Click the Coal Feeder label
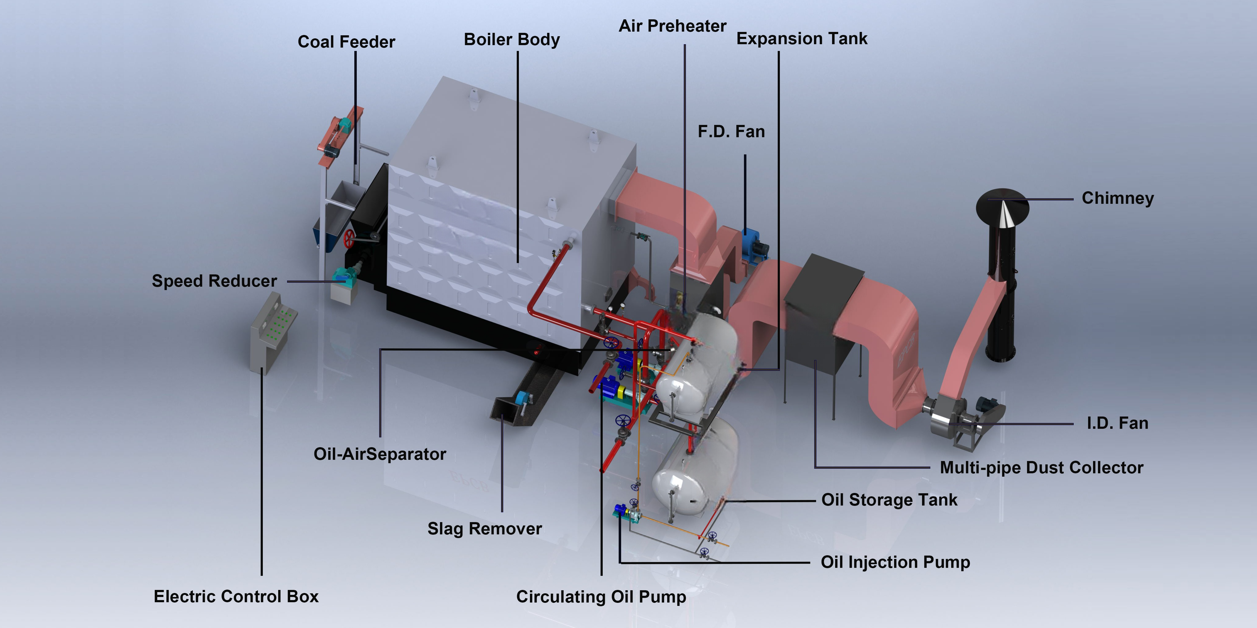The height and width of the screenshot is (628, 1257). click(x=346, y=42)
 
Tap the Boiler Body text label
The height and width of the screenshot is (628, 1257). click(x=512, y=40)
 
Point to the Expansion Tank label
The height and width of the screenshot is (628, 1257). click(x=801, y=39)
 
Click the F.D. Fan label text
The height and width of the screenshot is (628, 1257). click(x=731, y=131)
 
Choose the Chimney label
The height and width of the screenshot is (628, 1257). click(x=1117, y=198)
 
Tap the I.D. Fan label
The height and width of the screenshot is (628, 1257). click(x=1117, y=423)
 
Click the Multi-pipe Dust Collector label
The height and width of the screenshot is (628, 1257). click(x=1041, y=467)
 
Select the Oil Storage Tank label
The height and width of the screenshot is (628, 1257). click(x=889, y=500)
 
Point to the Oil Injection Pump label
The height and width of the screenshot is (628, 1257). click(x=895, y=562)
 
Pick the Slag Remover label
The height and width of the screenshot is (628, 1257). click(x=485, y=529)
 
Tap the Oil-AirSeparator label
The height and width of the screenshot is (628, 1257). click(x=379, y=454)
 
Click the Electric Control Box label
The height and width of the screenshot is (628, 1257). click(x=236, y=596)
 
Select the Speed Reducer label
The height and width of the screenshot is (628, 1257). click(x=214, y=281)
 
